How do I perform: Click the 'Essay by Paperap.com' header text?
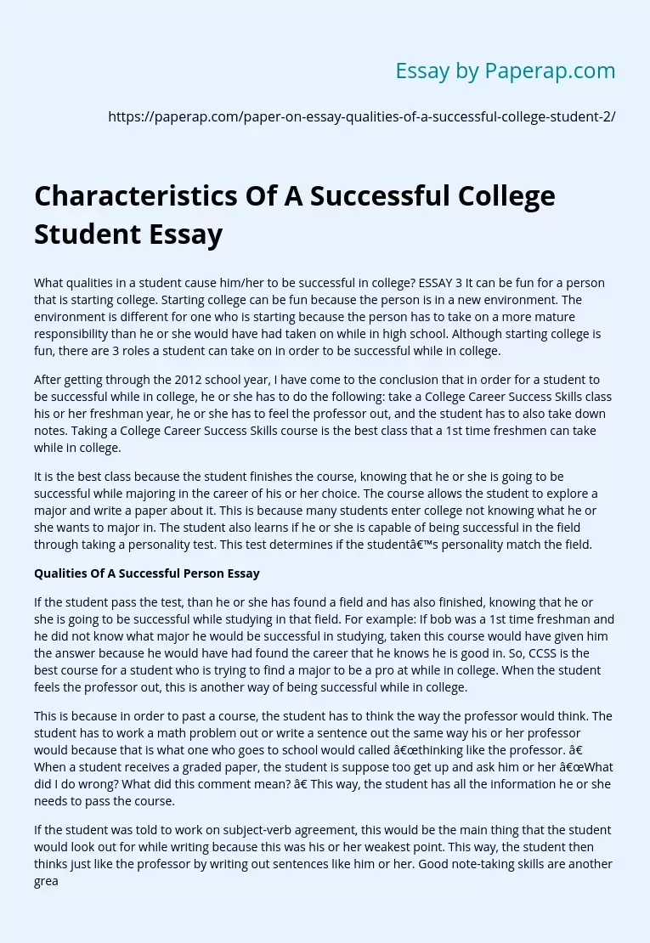[x=506, y=71]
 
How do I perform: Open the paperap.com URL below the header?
[x=362, y=117]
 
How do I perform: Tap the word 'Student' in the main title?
[x=85, y=233]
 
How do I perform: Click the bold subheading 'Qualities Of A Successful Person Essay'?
[x=147, y=573]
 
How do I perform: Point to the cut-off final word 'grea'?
[x=46, y=881]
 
